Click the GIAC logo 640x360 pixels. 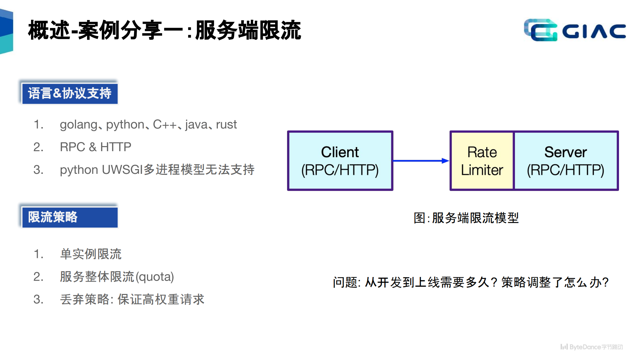(x=574, y=30)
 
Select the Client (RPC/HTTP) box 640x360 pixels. (x=340, y=161)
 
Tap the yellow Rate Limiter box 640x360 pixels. (x=482, y=161)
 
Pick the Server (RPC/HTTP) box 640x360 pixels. (x=566, y=161)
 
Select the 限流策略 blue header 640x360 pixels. (x=69, y=217)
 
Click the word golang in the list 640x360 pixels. (x=78, y=125)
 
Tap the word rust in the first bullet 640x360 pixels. (x=226, y=124)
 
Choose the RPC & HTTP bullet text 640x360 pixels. (x=95, y=147)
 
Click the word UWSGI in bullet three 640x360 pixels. (x=122, y=170)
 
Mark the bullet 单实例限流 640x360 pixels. (x=90, y=254)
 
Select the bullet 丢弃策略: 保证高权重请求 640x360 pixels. (x=132, y=299)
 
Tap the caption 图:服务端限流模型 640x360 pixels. (x=466, y=218)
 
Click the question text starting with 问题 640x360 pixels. (x=470, y=282)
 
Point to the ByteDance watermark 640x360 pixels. (x=591, y=347)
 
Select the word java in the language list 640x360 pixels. (x=196, y=124)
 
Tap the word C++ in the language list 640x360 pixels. (x=164, y=124)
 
